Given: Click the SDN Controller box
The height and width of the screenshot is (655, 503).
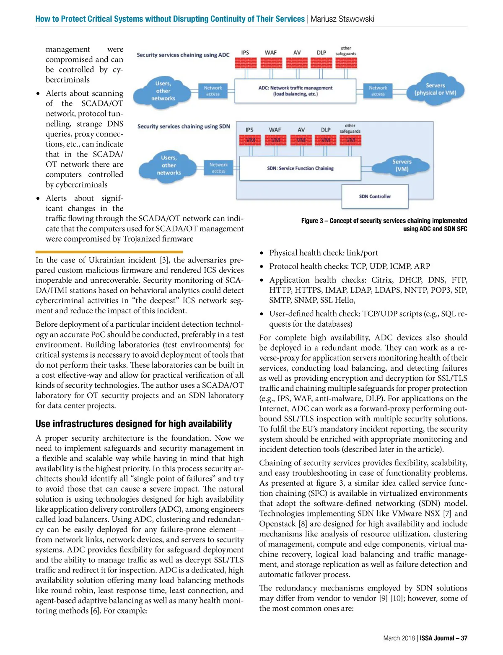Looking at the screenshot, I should [x=375, y=196].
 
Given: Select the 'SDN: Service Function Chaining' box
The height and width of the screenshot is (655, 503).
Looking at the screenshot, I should [x=300, y=168].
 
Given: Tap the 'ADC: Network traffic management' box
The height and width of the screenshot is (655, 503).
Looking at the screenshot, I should [x=295, y=91].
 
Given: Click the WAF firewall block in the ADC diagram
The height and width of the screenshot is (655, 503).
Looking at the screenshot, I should [x=271, y=63].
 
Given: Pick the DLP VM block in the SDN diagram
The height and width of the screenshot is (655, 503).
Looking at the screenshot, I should [x=326, y=140].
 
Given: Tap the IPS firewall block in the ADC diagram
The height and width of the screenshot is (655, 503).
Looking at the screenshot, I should [x=245, y=63].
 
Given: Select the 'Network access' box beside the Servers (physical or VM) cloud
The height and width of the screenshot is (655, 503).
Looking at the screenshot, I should [x=378, y=91].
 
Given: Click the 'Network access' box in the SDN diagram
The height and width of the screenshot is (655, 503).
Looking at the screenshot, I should [x=218, y=168].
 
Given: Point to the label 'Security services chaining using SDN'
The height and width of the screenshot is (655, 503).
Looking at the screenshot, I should [x=184, y=126].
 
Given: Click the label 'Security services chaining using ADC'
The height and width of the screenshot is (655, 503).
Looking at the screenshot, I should [x=183, y=55].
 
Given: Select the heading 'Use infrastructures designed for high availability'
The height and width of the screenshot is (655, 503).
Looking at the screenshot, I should [x=134, y=424].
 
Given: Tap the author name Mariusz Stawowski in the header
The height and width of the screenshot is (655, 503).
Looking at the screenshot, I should [x=342, y=19].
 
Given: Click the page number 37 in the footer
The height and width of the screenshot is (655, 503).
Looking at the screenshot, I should [x=464, y=638].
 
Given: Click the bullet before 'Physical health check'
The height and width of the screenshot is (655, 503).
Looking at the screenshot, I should [x=262, y=253].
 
